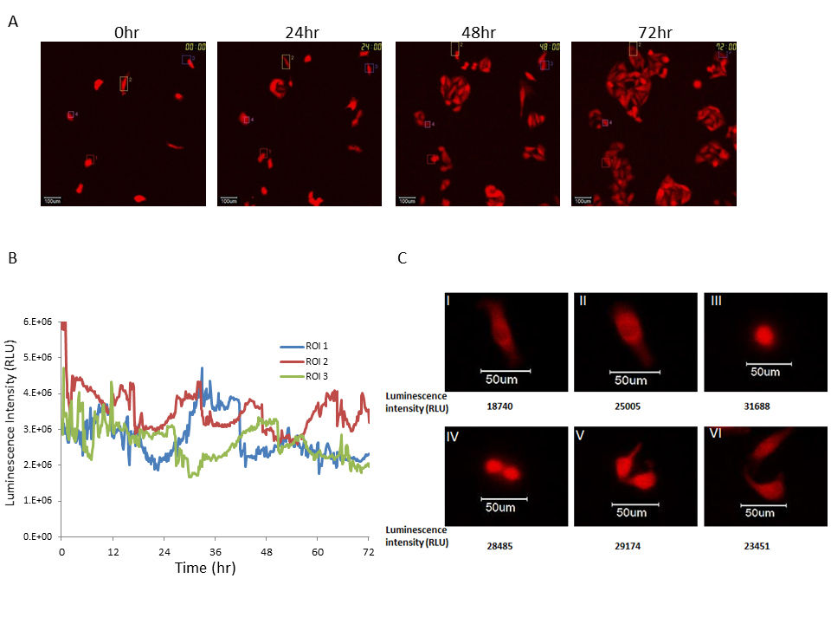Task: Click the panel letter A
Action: [x=13, y=23]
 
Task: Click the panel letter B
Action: [x=12, y=257]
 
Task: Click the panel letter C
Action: [x=402, y=257]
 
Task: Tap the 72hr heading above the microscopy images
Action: [x=653, y=34]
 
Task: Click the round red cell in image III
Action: [x=763, y=335]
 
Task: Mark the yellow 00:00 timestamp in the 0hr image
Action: [x=194, y=47]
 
